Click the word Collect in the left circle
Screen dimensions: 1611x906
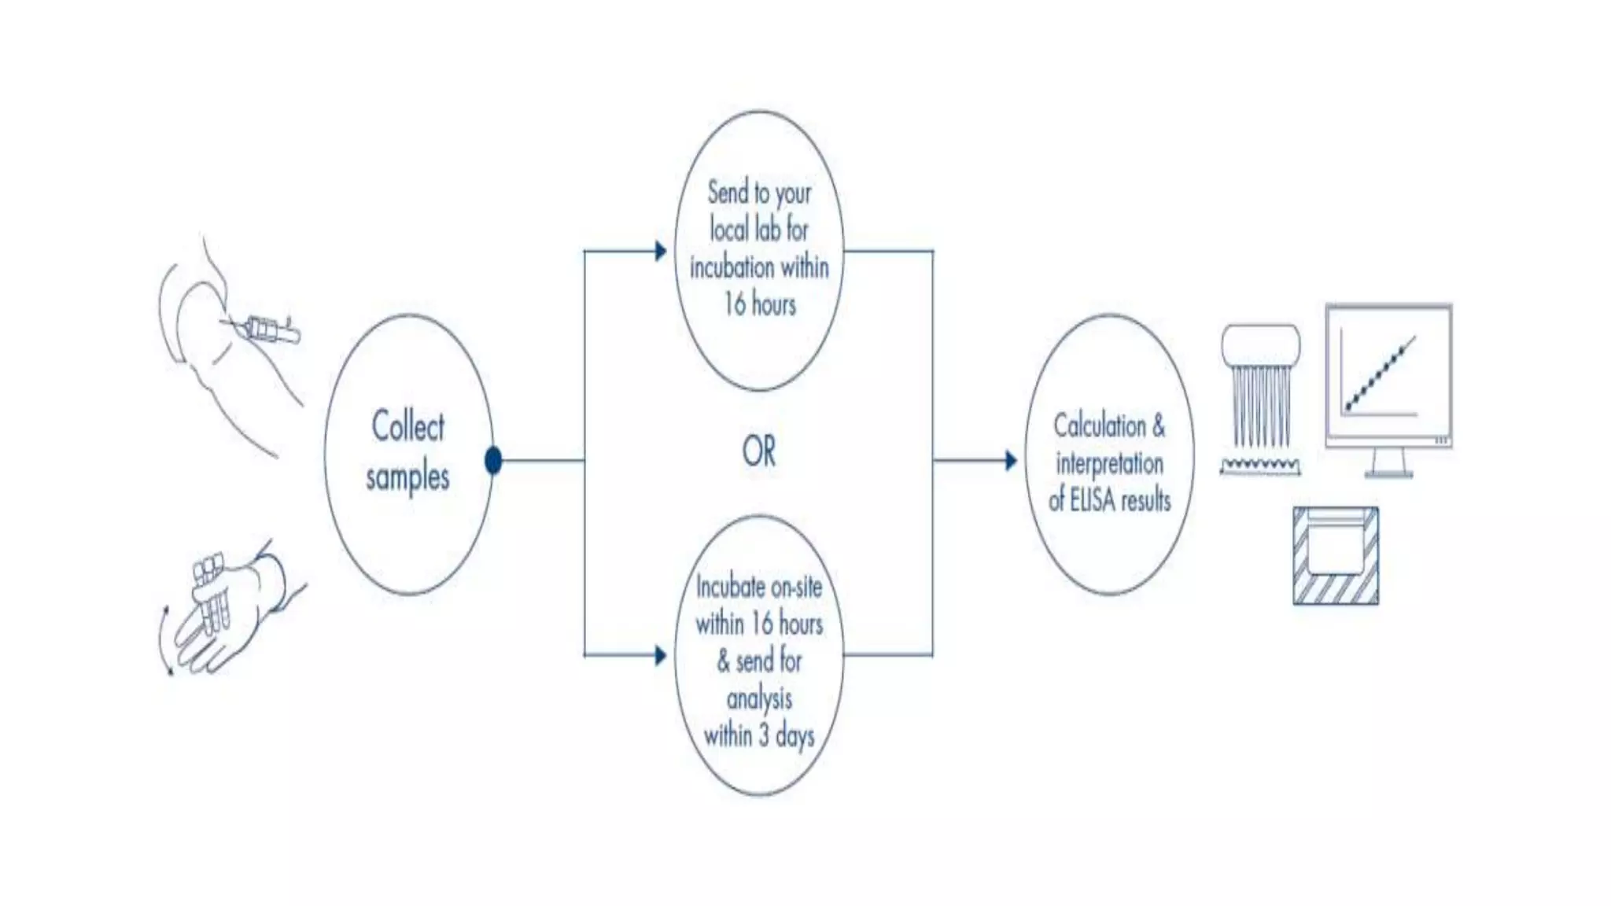[x=407, y=426]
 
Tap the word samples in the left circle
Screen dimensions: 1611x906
[x=407, y=477]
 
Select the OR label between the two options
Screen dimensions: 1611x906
[x=758, y=451]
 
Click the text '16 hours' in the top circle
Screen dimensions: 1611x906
[x=759, y=304]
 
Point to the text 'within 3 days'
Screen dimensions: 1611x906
[x=758, y=736]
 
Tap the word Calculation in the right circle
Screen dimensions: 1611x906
[x=1099, y=425]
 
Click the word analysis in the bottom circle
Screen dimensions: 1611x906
[x=759, y=698]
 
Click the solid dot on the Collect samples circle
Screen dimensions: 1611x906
[x=493, y=460]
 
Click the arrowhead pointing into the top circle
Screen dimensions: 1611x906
[x=661, y=252]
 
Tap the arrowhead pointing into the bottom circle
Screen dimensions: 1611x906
[x=661, y=655]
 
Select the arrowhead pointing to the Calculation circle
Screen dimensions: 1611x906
[x=1011, y=460]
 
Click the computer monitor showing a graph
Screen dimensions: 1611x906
[x=1388, y=375]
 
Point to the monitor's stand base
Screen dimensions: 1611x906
[x=1388, y=473]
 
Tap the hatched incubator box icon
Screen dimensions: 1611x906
[x=1336, y=555]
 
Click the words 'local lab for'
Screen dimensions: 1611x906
[x=759, y=230]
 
